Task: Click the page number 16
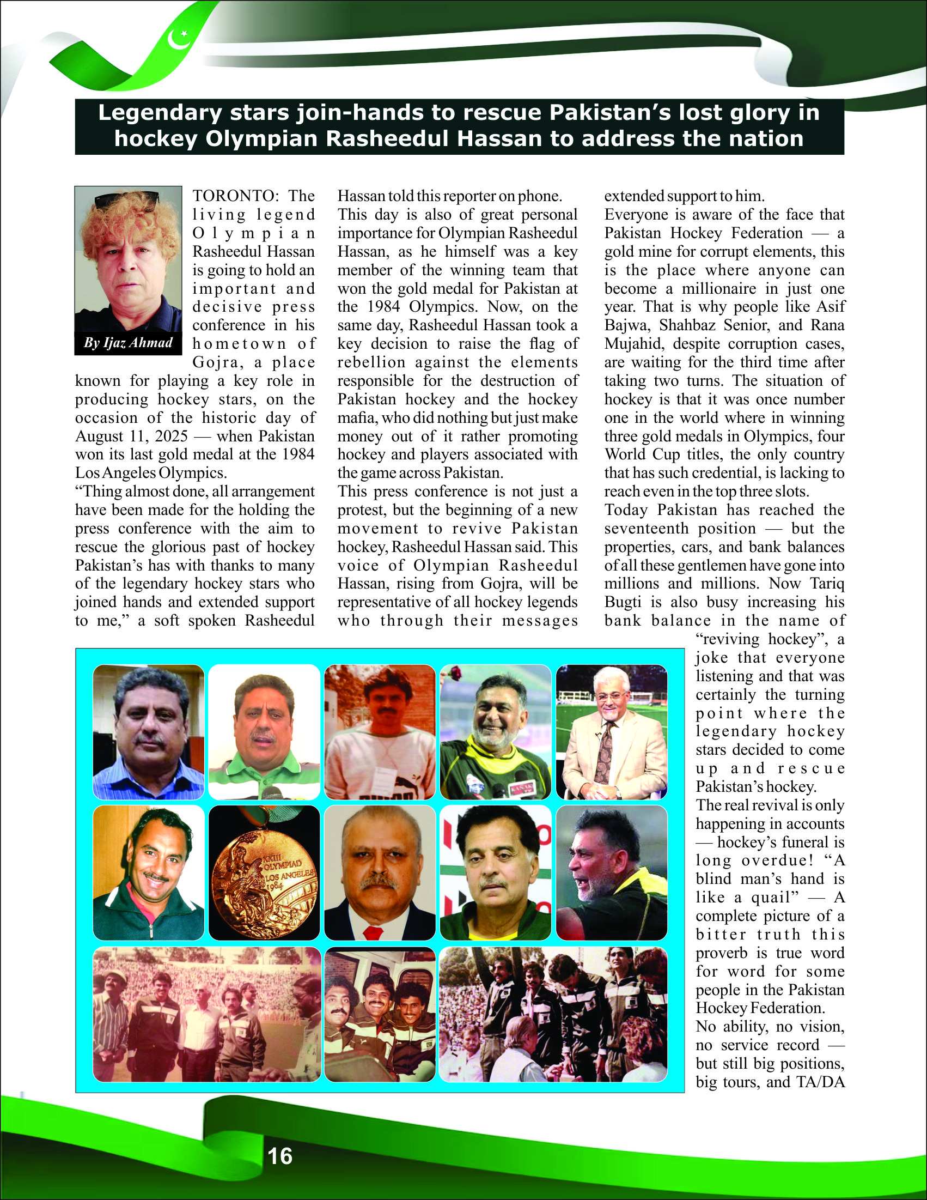click(x=279, y=1156)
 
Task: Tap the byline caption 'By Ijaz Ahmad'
click(x=128, y=343)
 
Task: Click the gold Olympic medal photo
click(x=264, y=872)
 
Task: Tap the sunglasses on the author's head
click(x=127, y=198)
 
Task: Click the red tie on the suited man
click(x=373, y=932)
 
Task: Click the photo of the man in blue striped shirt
click(x=148, y=732)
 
